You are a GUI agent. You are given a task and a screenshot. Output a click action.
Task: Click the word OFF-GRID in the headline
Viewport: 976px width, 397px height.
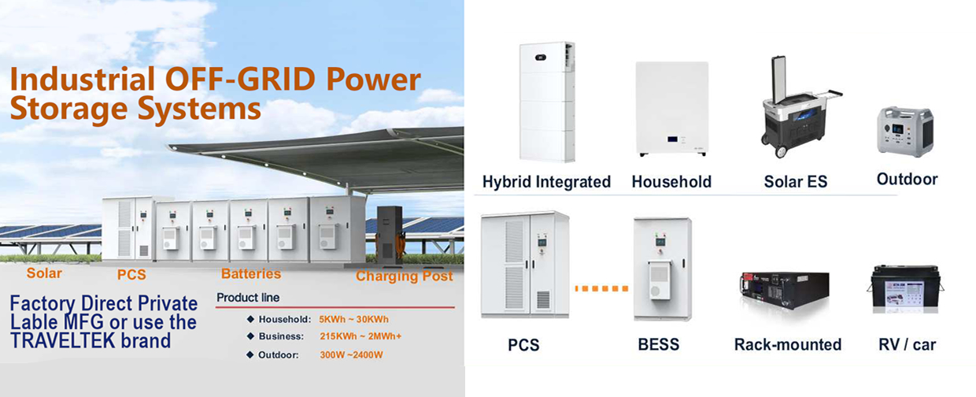tap(239, 80)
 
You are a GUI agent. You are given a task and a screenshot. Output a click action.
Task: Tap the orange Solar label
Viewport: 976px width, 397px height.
tap(44, 273)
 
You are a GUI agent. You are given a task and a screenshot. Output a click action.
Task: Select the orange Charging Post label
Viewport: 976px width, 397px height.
tap(405, 276)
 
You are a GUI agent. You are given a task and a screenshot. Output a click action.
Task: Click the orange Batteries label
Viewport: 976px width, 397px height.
tap(251, 273)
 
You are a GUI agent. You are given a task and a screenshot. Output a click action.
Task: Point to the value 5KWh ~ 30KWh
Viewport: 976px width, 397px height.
tap(354, 319)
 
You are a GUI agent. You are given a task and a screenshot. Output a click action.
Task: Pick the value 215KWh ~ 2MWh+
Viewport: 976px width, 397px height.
tap(360, 336)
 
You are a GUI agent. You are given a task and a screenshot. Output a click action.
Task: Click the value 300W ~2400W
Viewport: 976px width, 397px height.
tap(351, 354)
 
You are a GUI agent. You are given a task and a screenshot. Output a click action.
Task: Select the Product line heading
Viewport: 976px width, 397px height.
tap(248, 298)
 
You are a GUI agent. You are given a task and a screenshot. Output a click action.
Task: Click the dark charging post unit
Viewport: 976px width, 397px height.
tap(389, 235)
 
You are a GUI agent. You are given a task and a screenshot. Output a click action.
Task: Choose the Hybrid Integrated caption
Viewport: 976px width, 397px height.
tap(546, 182)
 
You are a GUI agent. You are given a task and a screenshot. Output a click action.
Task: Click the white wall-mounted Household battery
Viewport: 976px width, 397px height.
tap(672, 109)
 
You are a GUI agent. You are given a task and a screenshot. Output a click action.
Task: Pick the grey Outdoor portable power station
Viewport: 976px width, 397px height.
tap(905, 132)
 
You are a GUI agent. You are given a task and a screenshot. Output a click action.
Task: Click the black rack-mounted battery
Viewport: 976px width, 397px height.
tap(784, 290)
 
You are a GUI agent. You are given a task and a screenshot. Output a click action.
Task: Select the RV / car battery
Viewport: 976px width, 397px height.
tap(905, 289)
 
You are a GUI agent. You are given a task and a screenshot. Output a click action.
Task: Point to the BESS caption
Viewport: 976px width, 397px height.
tap(658, 345)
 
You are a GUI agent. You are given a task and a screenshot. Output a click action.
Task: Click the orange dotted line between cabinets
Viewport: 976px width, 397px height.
tap(601, 288)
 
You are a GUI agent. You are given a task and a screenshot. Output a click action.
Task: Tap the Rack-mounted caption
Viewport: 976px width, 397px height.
tap(788, 345)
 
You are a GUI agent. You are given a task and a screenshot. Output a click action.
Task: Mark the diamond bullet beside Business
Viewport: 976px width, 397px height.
tap(250, 336)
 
